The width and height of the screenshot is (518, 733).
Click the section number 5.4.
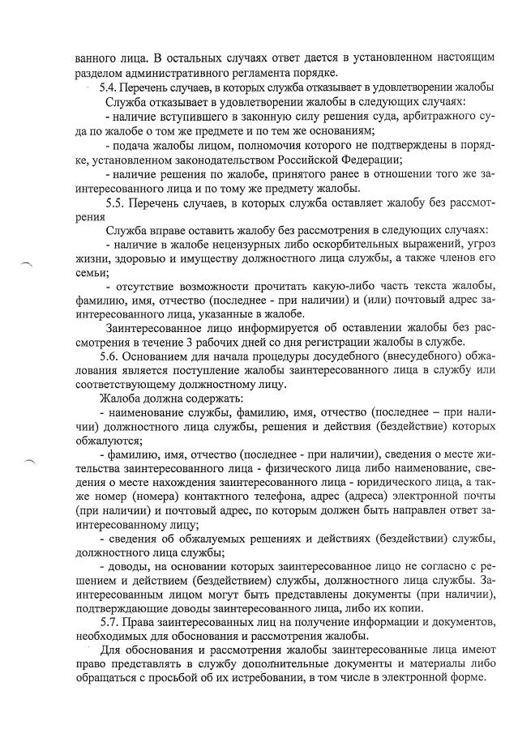click(x=109, y=87)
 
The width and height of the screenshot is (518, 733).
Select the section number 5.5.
click(x=118, y=202)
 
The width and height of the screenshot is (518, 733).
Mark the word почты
click(x=477, y=496)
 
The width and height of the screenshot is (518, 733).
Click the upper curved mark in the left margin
click(x=28, y=262)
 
